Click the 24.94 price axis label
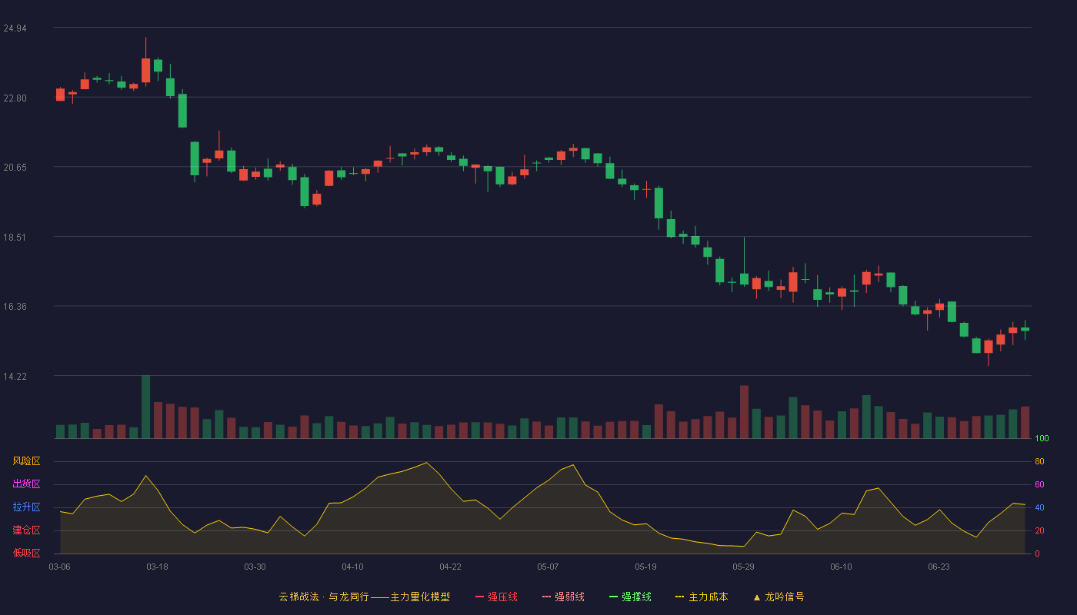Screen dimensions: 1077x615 pyautogui.click(x=15, y=28)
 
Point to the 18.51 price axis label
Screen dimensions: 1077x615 pyautogui.click(x=15, y=238)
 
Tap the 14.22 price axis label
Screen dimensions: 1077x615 pyautogui.click(x=15, y=377)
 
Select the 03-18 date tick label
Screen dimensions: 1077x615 pyautogui.click(x=157, y=567)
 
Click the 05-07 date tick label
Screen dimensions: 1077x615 pyautogui.click(x=548, y=567)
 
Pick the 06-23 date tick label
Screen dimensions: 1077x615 pyautogui.click(x=939, y=567)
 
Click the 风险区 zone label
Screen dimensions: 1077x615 pyautogui.click(x=26, y=461)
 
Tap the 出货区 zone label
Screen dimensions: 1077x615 pyautogui.click(x=26, y=484)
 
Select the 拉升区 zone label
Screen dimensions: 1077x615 pyautogui.click(x=26, y=507)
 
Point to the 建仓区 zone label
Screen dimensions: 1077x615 pyautogui.click(x=26, y=530)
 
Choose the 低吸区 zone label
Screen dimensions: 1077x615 pyautogui.click(x=26, y=553)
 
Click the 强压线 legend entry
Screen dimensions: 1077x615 pyautogui.click(x=496, y=597)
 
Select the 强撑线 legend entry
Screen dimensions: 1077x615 pyautogui.click(x=630, y=597)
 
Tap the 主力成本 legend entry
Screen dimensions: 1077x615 pyautogui.click(x=702, y=597)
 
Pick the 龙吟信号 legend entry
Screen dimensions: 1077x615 pyautogui.click(x=779, y=597)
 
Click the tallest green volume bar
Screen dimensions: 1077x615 pyautogui.click(x=145, y=407)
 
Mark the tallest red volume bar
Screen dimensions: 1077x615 pyautogui.click(x=745, y=412)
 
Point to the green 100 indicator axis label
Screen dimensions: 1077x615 pyautogui.click(x=1042, y=438)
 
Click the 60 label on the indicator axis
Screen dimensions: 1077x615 pyautogui.click(x=1039, y=484)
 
